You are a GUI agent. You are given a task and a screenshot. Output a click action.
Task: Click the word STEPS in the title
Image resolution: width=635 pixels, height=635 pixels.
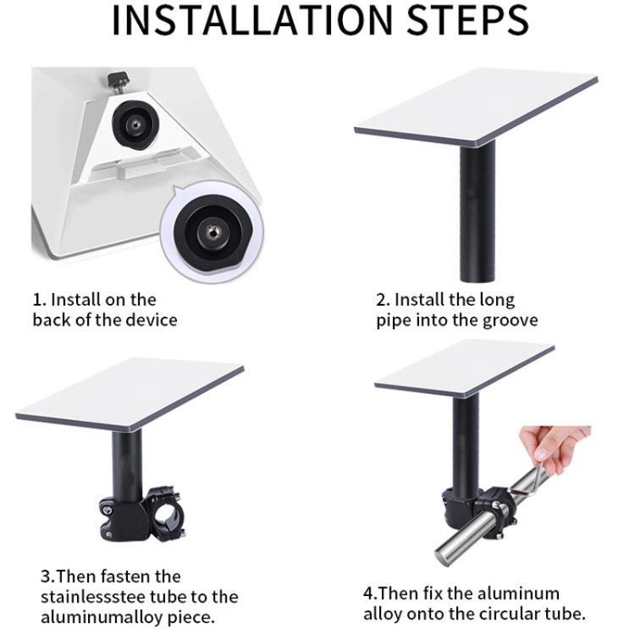tap(467, 19)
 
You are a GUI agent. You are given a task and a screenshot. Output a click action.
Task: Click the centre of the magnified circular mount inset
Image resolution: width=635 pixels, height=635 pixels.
tap(212, 233)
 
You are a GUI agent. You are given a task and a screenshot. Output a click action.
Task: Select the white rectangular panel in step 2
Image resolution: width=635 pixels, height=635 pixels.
tap(476, 107)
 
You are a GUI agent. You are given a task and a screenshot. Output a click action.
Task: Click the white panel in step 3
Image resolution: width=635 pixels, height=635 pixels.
tap(130, 394)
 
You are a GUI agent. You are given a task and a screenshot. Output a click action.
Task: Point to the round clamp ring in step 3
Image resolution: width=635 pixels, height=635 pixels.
tap(165, 514)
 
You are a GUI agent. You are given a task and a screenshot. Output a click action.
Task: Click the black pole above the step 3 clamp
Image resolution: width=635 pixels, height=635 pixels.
tap(127, 466)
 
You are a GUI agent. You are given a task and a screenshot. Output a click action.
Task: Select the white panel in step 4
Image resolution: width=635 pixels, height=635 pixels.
tap(465, 367)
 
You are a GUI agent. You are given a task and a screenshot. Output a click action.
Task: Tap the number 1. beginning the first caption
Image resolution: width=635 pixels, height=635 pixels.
tap(40, 300)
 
